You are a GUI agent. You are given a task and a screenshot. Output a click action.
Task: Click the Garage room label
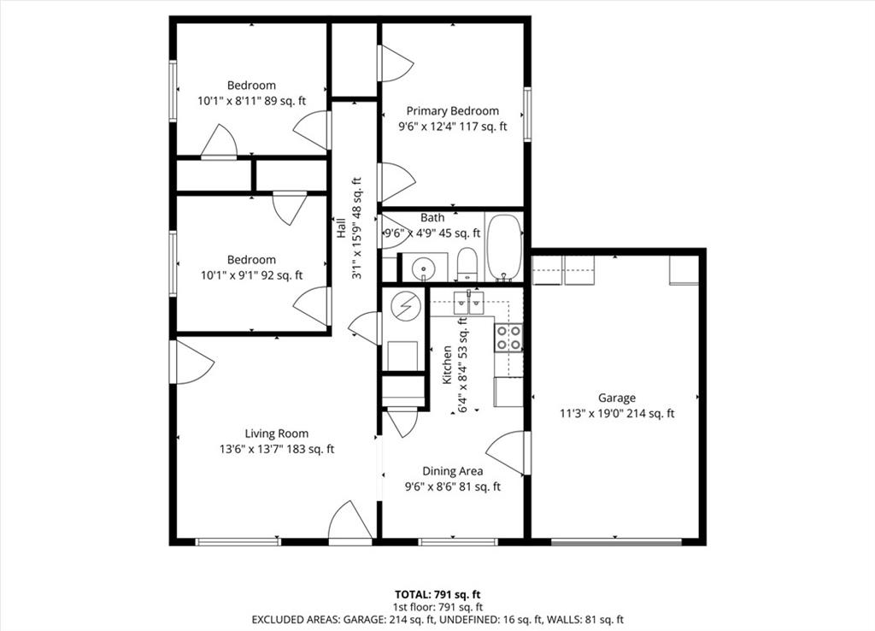617,398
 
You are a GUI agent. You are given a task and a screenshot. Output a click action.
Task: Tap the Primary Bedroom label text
453,111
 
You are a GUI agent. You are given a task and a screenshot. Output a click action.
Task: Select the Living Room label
277,433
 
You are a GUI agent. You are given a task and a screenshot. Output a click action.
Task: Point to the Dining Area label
453,471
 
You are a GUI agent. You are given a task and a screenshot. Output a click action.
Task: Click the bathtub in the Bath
504,247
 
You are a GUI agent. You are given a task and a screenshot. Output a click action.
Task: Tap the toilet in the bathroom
467,265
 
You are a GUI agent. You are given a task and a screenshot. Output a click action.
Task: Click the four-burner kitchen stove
508,337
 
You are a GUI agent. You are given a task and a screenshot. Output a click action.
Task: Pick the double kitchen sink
468,303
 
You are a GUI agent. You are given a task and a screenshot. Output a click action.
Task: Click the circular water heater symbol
403,306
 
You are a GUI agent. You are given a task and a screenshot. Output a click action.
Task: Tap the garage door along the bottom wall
617,542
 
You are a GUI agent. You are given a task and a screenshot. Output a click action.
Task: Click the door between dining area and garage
507,453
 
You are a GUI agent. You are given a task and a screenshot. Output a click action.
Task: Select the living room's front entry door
349,522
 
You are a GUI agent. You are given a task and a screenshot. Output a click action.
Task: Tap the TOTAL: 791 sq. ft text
437,594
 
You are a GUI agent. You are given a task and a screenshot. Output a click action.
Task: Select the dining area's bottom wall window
458,542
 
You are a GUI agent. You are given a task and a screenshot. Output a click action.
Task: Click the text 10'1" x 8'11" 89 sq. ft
252,101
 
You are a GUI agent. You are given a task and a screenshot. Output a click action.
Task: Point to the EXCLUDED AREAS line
437,619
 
